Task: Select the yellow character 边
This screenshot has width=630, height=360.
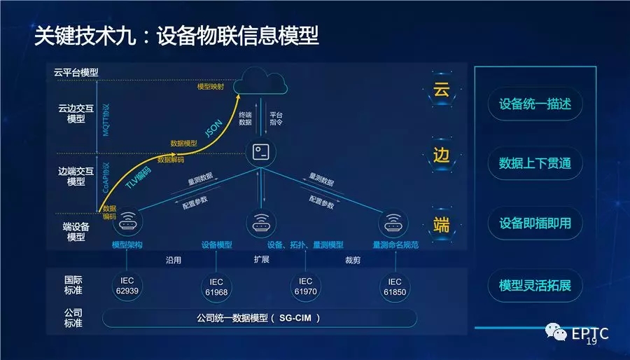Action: pos(441,155)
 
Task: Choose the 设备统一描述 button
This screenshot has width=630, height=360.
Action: pos(535,104)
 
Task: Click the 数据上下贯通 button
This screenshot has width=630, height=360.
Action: pos(535,163)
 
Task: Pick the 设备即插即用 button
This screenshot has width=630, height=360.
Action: pos(535,223)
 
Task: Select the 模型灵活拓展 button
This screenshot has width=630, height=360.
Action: pos(535,286)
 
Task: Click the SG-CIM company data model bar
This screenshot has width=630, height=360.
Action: pos(260,318)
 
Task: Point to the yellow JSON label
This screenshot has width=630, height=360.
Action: pos(214,129)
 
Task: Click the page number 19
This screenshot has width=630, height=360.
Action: pos(591,342)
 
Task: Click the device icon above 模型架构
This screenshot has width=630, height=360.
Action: pos(127,223)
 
